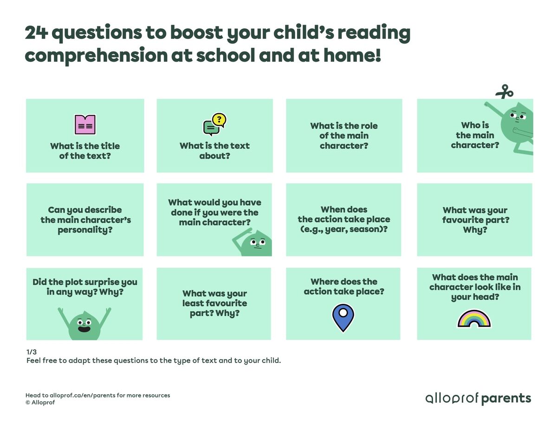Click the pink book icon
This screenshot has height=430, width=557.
click(85, 124)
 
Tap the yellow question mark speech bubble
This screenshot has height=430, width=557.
click(220, 120)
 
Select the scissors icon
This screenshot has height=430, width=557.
click(504, 91)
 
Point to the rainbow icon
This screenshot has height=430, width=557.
click(474, 319)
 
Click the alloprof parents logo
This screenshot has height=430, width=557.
click(478, 398)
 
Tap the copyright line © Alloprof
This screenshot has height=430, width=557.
click(40, 403)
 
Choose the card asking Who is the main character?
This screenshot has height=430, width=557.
click(475, 135)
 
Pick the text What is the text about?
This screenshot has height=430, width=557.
click(214, 151)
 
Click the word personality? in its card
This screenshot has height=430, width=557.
click(85, 230)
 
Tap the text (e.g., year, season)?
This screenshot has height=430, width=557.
click(343, 229)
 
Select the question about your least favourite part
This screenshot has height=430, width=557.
click(214, 303)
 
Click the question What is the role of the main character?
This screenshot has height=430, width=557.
click(344, 135)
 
